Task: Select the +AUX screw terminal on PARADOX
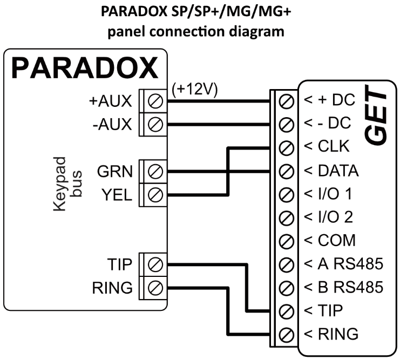click(156, 100)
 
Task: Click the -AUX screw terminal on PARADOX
click(156, 124)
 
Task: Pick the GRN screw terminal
click(156, 172)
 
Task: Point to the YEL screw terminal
click(156, 195)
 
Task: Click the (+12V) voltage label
click(194, 90)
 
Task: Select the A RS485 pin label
click(343, 264)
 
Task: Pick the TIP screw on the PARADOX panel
click(156, 264)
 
